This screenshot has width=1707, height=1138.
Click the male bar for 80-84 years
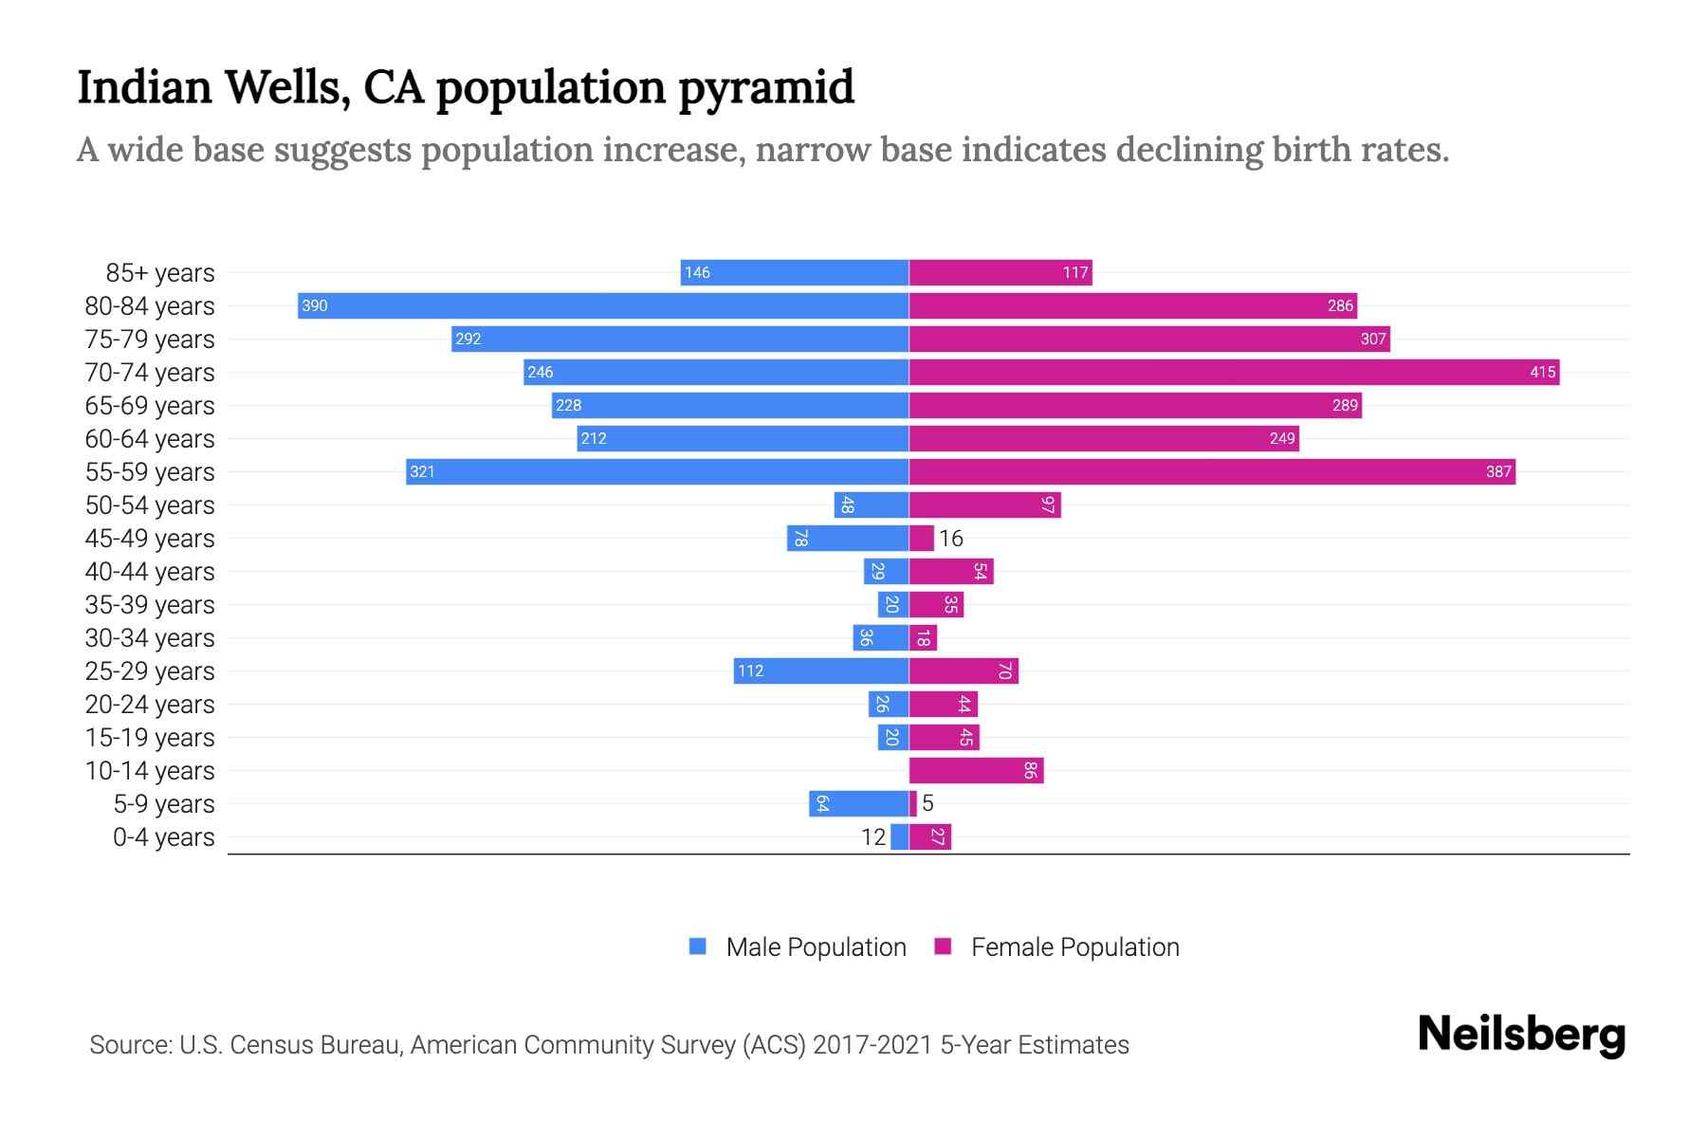603,305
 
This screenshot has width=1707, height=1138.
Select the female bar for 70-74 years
1233,372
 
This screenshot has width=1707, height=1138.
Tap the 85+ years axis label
160,273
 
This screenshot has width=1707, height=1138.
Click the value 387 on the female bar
1497,472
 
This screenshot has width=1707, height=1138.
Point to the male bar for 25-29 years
821,670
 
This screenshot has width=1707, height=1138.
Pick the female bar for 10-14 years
975,770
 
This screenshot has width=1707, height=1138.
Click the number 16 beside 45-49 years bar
950,539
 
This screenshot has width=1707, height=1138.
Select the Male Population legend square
698,946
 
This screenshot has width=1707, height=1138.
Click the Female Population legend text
1074,946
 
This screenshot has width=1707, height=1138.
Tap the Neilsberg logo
1521,1035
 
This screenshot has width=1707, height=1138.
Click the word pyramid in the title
766,87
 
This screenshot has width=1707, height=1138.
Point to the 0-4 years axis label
164,837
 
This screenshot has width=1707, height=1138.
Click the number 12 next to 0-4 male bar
872,837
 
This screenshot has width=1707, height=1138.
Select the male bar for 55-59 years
657,471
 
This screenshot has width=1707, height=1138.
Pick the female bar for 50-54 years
984,505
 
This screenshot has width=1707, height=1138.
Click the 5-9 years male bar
858,803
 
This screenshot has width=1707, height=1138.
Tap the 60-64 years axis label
150,439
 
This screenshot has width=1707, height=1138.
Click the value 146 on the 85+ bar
697,273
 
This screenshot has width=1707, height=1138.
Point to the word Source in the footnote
130,1045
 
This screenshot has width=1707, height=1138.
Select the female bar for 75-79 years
1149,339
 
